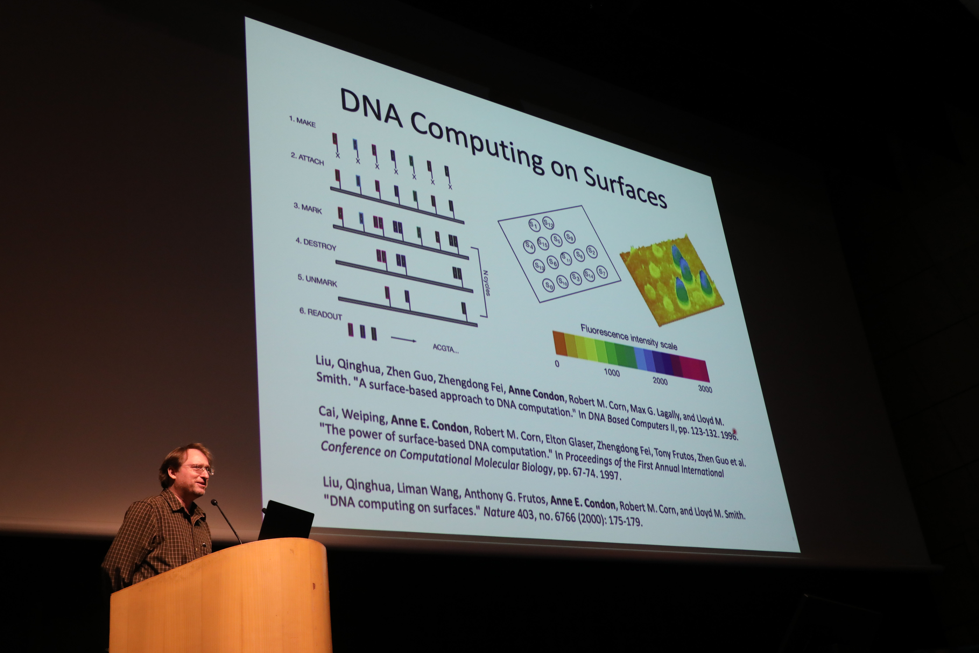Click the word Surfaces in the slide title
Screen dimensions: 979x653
pos(625,186)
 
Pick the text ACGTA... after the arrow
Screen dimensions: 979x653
pos(446,348)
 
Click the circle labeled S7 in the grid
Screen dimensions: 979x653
pos(602,272)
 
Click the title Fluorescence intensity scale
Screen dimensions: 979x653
pos(628,337)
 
